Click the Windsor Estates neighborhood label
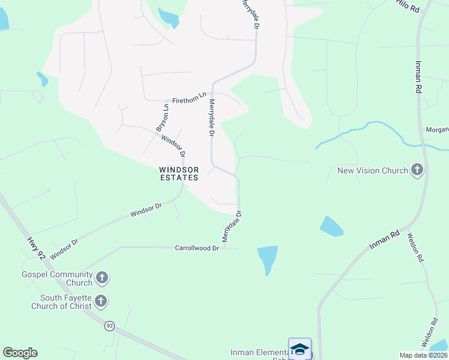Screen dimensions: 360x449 click(x=179, y=173)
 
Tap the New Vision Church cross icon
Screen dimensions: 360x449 click(x=417, y=170)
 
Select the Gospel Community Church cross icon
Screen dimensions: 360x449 click(x=103, y=278)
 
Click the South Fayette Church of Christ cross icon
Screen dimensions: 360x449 click(x=101, y=301)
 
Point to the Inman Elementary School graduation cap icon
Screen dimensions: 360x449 click(x=300, y=349)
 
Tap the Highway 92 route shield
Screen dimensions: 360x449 click(x=109, y=326)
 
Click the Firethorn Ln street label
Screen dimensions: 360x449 click(x=189, y=100)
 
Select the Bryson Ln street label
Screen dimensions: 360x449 click(x=161, y=118)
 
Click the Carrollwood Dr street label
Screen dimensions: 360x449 click(x=196, y=248)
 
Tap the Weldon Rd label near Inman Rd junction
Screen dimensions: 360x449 click(x=415, y=248)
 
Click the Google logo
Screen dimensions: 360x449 click(x=20, y=353)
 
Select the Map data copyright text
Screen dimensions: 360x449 click(x=424, y=355)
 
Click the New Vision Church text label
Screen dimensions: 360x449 click(x=372, y=170)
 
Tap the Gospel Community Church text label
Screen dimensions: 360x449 click(x=56, y=278)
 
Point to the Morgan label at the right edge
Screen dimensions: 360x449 click(x=437, y=130)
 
